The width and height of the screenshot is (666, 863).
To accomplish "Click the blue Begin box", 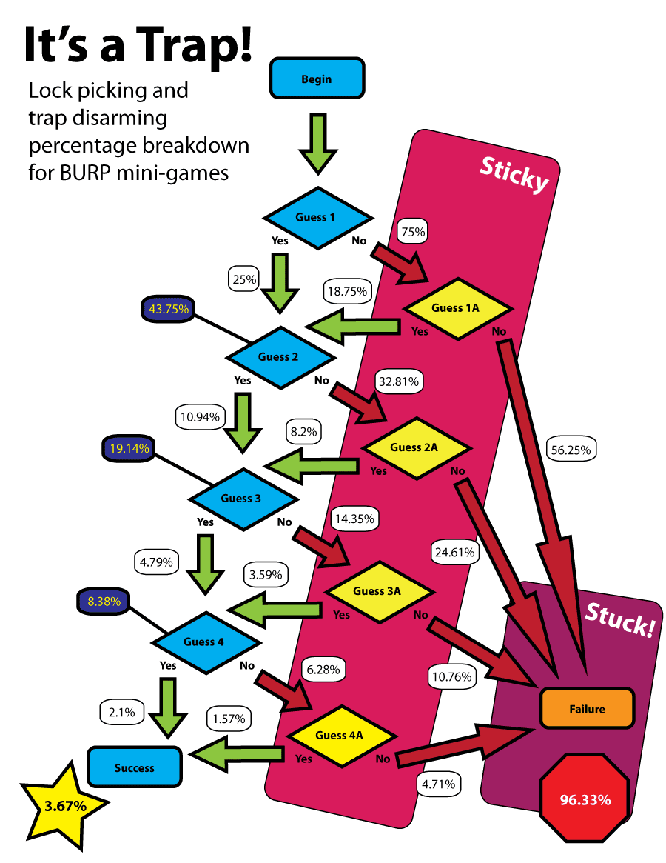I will (x=317, y=79).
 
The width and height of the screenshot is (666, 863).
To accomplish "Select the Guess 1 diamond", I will (x=316, y=217).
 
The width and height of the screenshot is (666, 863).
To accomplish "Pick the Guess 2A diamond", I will (x=414, y=447).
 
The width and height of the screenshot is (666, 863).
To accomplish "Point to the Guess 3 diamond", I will (x=241, y=498).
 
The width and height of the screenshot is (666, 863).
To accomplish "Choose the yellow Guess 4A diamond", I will (x=340, y=736).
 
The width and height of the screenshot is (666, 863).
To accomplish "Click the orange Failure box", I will (x=587, y=709).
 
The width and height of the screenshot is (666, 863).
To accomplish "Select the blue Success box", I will (x=135, y=767).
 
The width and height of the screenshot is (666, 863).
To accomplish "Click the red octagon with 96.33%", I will (x=585, y=799).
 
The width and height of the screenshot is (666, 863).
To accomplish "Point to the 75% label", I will (x=413, y=232).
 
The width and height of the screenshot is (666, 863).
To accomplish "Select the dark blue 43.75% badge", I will (x=166, y=308).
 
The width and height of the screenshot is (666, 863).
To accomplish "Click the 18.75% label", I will (x=346, y=292).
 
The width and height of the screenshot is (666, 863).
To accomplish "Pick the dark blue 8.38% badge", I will (x=104, y=602).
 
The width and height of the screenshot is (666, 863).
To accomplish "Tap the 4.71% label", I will (x=440, y=784).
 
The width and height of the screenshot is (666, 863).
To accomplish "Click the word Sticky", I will (x=514, y=175).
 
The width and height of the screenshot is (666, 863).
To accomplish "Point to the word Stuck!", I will (x=620, y=620).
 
